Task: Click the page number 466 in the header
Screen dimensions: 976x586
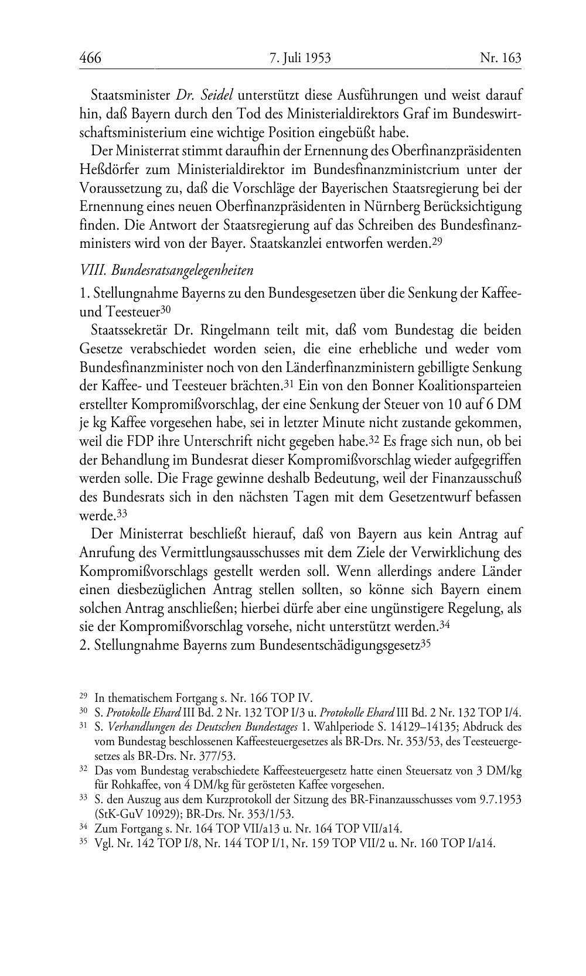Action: tap(90, 58)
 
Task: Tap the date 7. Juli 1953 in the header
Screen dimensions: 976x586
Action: tap(300, 58)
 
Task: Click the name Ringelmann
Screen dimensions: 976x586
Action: tap(226, 330)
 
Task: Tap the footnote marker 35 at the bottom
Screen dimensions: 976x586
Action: tap(83, 843)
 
